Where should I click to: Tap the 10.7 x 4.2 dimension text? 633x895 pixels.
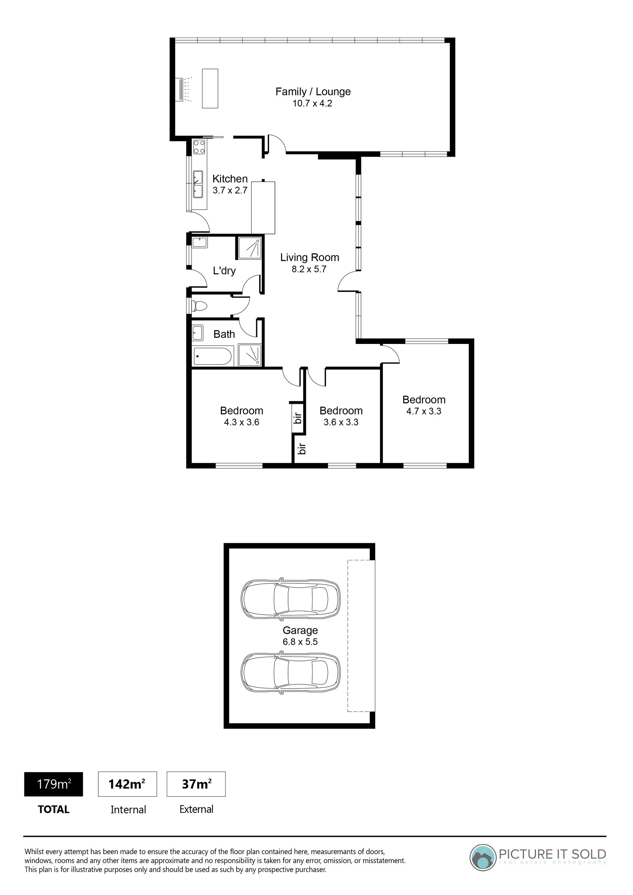[312, 104]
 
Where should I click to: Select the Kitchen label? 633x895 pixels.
[230, 179]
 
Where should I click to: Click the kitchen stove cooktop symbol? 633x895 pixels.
[199, 146]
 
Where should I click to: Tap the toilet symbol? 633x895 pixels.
[199, 306]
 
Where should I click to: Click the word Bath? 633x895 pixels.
[224, 334]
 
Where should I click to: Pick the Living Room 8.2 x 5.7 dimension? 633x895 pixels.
[309, 269]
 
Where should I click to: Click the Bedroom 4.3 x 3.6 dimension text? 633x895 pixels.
[242, 422]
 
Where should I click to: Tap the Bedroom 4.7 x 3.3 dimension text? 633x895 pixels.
[424, 411]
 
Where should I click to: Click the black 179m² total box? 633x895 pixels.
[53, 784]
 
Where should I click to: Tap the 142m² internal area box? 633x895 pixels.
[128, 784]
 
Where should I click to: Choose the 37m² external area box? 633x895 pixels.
[196, 784]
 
